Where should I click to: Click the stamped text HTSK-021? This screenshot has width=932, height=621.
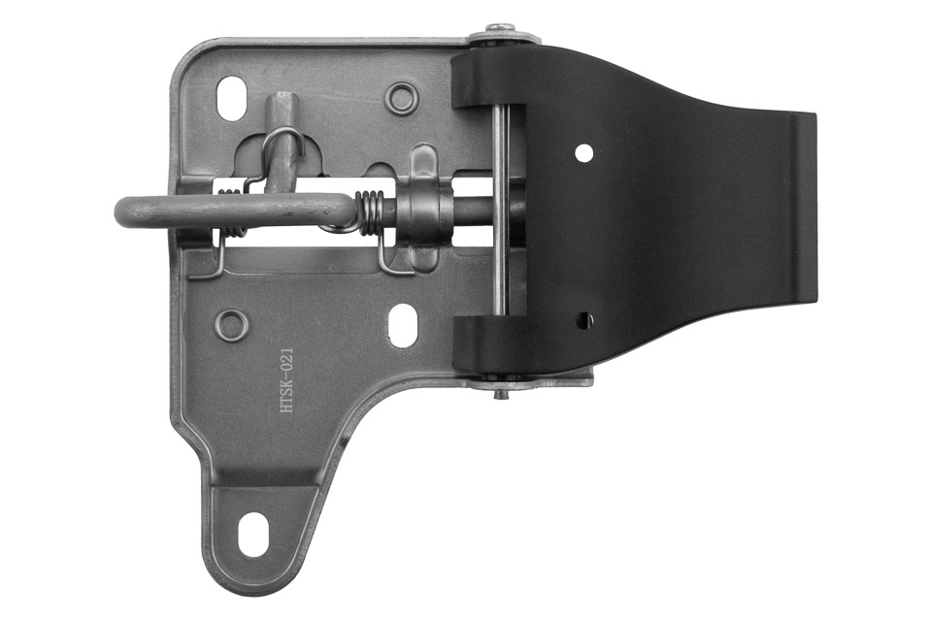pyautogui.click(x=286, y=380)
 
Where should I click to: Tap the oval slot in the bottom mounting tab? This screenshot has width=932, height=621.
pyautogui.click(x=252, y=535)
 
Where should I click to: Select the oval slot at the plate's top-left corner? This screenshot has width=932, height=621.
pyautogui.click(x=232, y=98)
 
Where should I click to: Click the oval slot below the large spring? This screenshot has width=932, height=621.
pyautogui.click(x=403, y=324)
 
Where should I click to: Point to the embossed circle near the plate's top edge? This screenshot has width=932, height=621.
pyautogui.click(x=402, y=99)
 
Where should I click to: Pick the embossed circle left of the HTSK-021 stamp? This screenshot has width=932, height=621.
pyautogui.click(x=231, y=325)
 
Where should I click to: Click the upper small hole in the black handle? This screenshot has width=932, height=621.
pyautogui.click(x=583, y=153)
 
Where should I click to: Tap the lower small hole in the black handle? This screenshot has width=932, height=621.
pyautogui.click(x=586, y=319)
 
